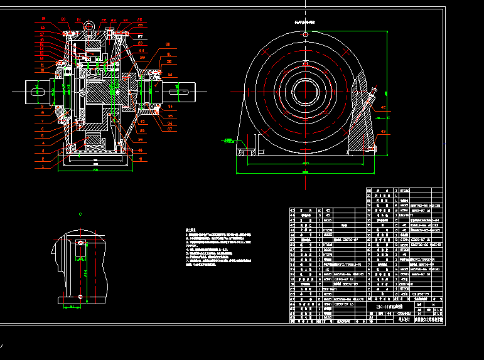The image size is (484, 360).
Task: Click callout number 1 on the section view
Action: click(x=43, y=167)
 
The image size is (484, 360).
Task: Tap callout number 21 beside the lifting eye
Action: click(x=78, y=20)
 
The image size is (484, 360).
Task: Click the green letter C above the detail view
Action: click(x=80, y=214)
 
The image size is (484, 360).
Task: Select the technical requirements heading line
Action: click(x=191, y=230)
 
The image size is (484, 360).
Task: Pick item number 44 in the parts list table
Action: click(x=293, y=210)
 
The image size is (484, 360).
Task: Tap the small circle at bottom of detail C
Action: click(x=80, y=295)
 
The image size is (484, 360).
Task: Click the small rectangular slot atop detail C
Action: click(x=80, y=242)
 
